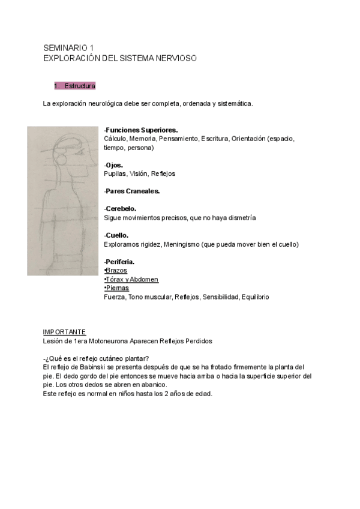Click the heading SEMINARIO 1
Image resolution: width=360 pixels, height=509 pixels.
coord(68,47)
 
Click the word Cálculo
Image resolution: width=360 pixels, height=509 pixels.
coord(116,139)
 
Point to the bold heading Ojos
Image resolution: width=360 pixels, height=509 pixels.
coord(114,164)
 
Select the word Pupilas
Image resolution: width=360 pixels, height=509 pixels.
coord(116,173)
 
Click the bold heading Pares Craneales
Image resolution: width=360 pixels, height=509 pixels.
coord(133,191)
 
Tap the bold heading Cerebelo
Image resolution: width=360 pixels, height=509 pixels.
coord(121,209)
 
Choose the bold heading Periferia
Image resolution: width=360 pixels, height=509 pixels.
coord(120,262)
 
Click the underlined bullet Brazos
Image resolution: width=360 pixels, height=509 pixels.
coord(116,271)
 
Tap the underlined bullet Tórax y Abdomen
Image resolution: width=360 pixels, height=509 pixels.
coord(132,279)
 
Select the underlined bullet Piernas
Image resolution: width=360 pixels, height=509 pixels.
coord(116,288)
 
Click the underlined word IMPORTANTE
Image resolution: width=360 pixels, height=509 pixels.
coord(65,332)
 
